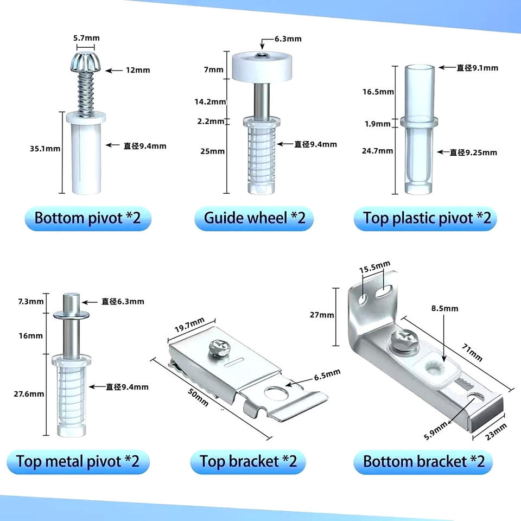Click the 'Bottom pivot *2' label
pyautogui.click(x=88, y=218)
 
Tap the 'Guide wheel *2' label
pyautogui.click(x=255, y=218)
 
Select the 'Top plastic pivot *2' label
pyautogui.click(x=427, y=219)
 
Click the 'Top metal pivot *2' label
pyautogui.click(x=78, y=461)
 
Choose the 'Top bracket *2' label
pyautogui.click(x=248, y=461)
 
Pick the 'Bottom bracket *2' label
pyautogui.click(x=424, y=461)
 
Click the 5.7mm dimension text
pyautogui.click(x=86, y=38)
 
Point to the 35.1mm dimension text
pyautogui.click(x=45, y=149)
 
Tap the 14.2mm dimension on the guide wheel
pyautogui.click(x=211, y=101)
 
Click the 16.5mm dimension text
pyautogui.click(x=378, y=92)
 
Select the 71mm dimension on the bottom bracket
pyautogui.click(x=472, y=352)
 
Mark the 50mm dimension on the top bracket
pyautogui.click(x=199, y=397)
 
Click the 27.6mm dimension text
pyautogui.click(x=29, y=394)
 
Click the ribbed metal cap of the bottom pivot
pyautogui.click(x=86, y=61)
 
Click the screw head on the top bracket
pyautogui.click(x=219, y=349)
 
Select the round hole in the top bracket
pyautogui.click(x=276, y=393)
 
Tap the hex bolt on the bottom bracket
pyautogui.click(x=402, y=340)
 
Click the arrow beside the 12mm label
pyautogui.click(x=114, y=71)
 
